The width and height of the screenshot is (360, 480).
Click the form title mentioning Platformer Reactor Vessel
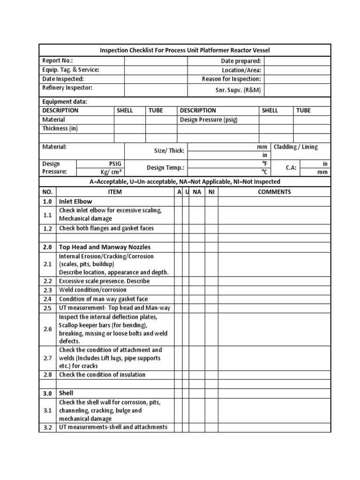(x=185, y=50)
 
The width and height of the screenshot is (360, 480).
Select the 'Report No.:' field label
(x=58, y=60)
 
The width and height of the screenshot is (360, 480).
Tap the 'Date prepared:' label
(x=241, y=61)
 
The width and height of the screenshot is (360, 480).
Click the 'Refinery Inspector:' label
(x=67, y=88)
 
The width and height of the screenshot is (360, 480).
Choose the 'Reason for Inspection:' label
(x=231, y=79)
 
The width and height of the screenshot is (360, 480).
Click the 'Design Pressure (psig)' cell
(x=209, y=120)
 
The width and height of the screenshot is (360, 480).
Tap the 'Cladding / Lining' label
(x=295, y=147)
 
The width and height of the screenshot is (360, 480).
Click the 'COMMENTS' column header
(x=274, y=192)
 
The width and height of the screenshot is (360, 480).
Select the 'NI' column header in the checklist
(x=211, y=192)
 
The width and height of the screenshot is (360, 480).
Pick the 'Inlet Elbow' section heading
(x=75, y=201)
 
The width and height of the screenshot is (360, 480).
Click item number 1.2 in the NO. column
(x=48, y=229)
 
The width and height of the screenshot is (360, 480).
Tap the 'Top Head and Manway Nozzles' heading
(x=105, y=247)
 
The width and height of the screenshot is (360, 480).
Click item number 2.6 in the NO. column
(x=48, y=329)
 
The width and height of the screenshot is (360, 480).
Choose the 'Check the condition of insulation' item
(x=102, y=375)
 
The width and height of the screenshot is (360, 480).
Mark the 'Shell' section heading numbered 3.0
(x=66, y=393)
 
